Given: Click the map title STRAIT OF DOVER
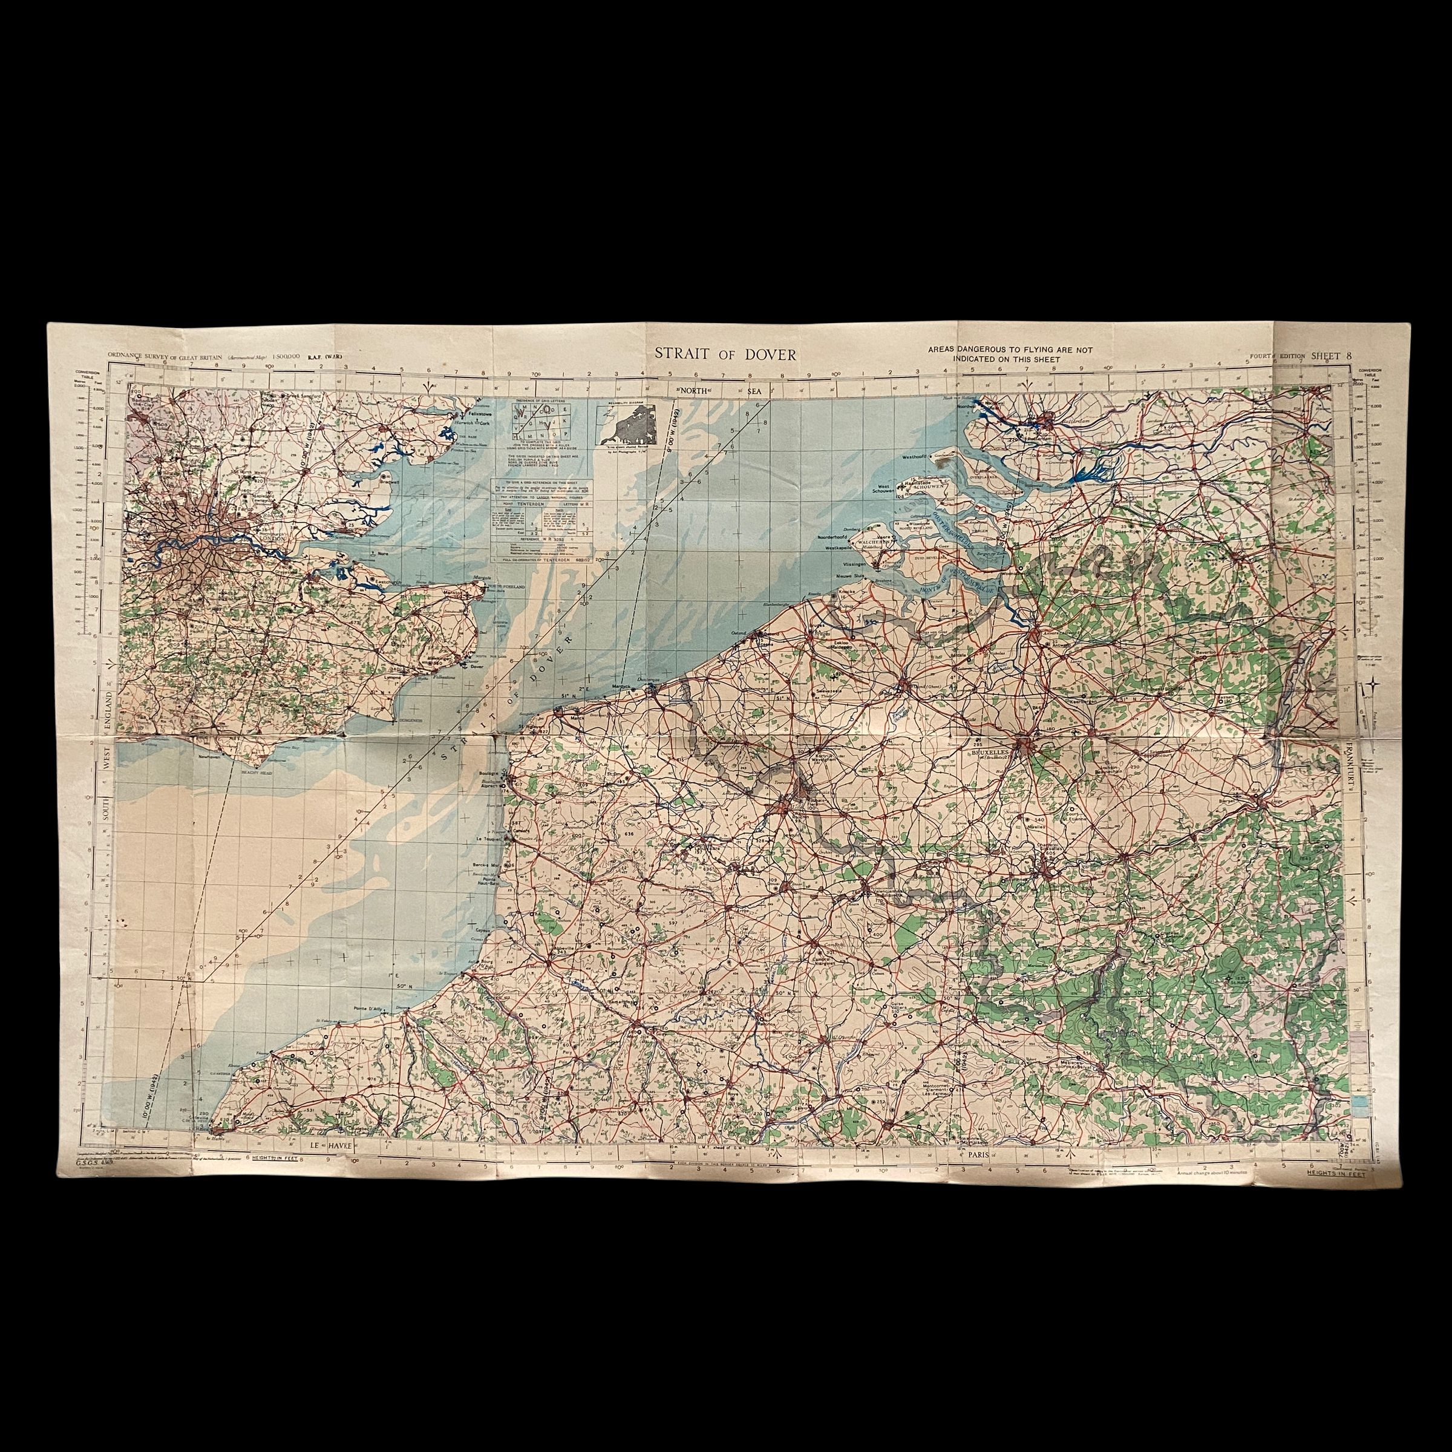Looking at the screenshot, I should coord(725,355).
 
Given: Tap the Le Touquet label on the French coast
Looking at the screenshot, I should coord(488,840).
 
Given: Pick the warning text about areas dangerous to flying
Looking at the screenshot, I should coord(1009,355).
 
